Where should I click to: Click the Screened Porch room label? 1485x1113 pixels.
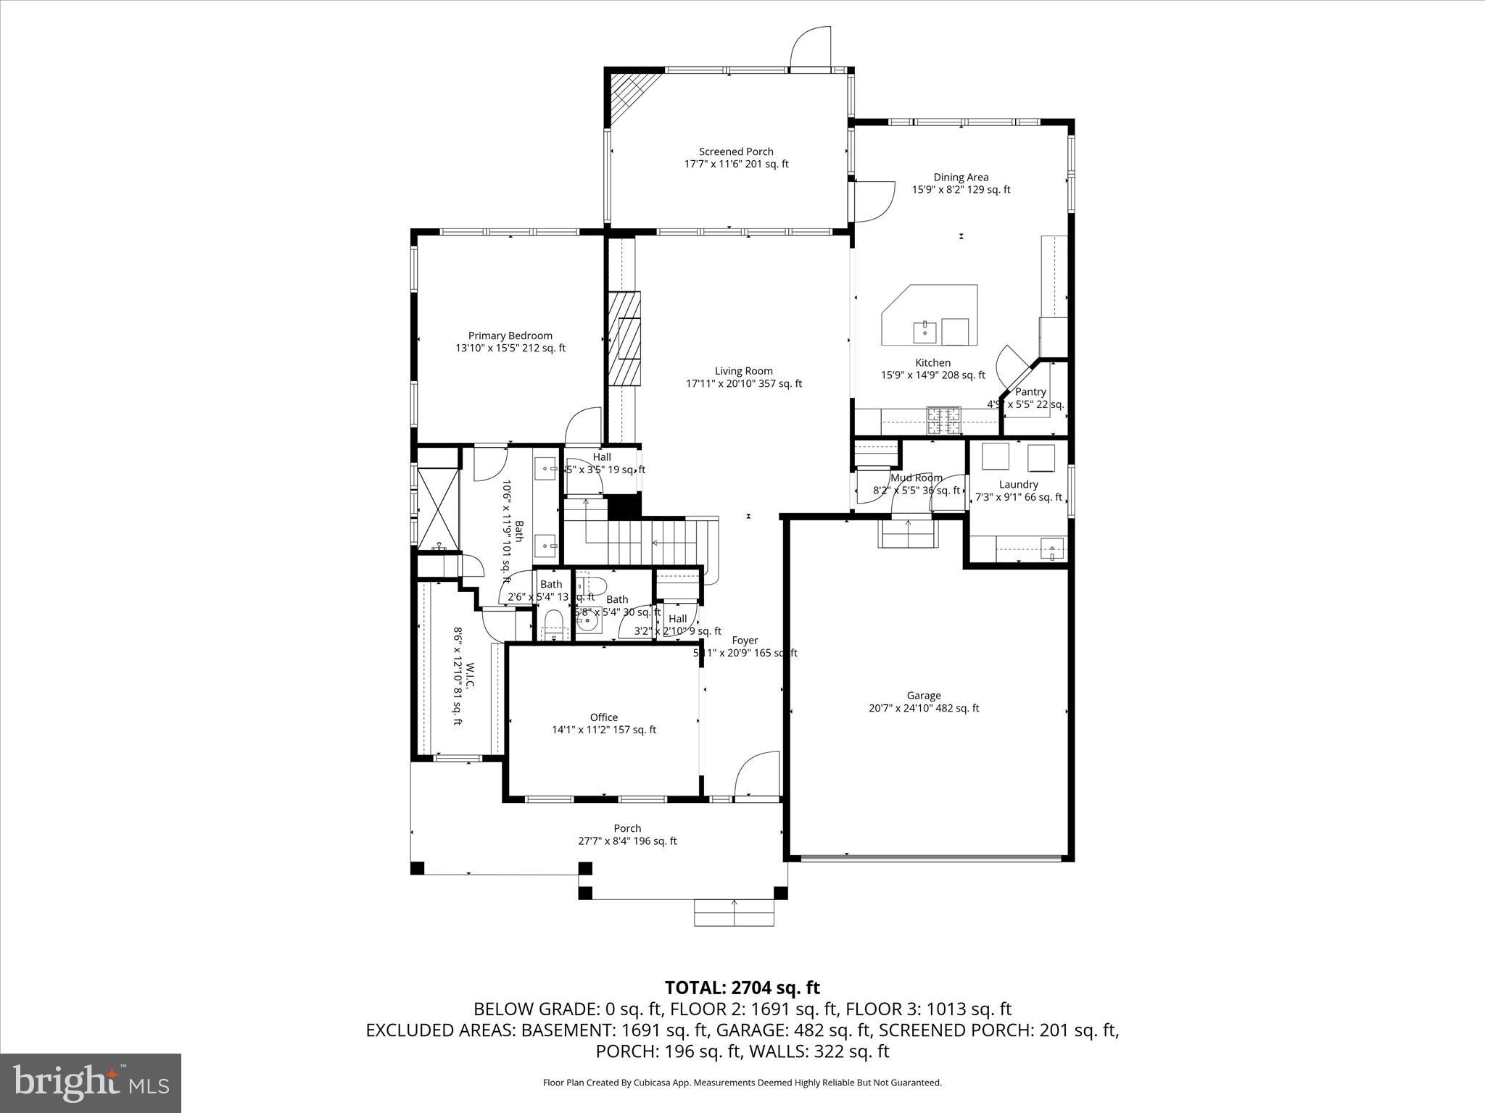pos(736,151)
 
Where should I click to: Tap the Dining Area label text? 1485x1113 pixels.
pos(960,177)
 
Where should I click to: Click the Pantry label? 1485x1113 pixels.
pos(1030,391)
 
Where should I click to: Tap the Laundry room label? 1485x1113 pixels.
pos(1018,484)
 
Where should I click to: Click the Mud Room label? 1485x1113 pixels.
pos(917,478)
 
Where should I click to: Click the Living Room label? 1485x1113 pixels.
pos(743,371)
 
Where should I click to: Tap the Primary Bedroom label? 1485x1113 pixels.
pos(510,335)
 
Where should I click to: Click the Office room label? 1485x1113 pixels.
pos(603,717)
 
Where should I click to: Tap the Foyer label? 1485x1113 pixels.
pos(745,641)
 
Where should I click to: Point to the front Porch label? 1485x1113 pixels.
pos(627,828)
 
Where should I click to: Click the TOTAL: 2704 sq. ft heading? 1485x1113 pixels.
pos(742,988)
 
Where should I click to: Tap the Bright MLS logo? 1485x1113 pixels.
pos(91,1083)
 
